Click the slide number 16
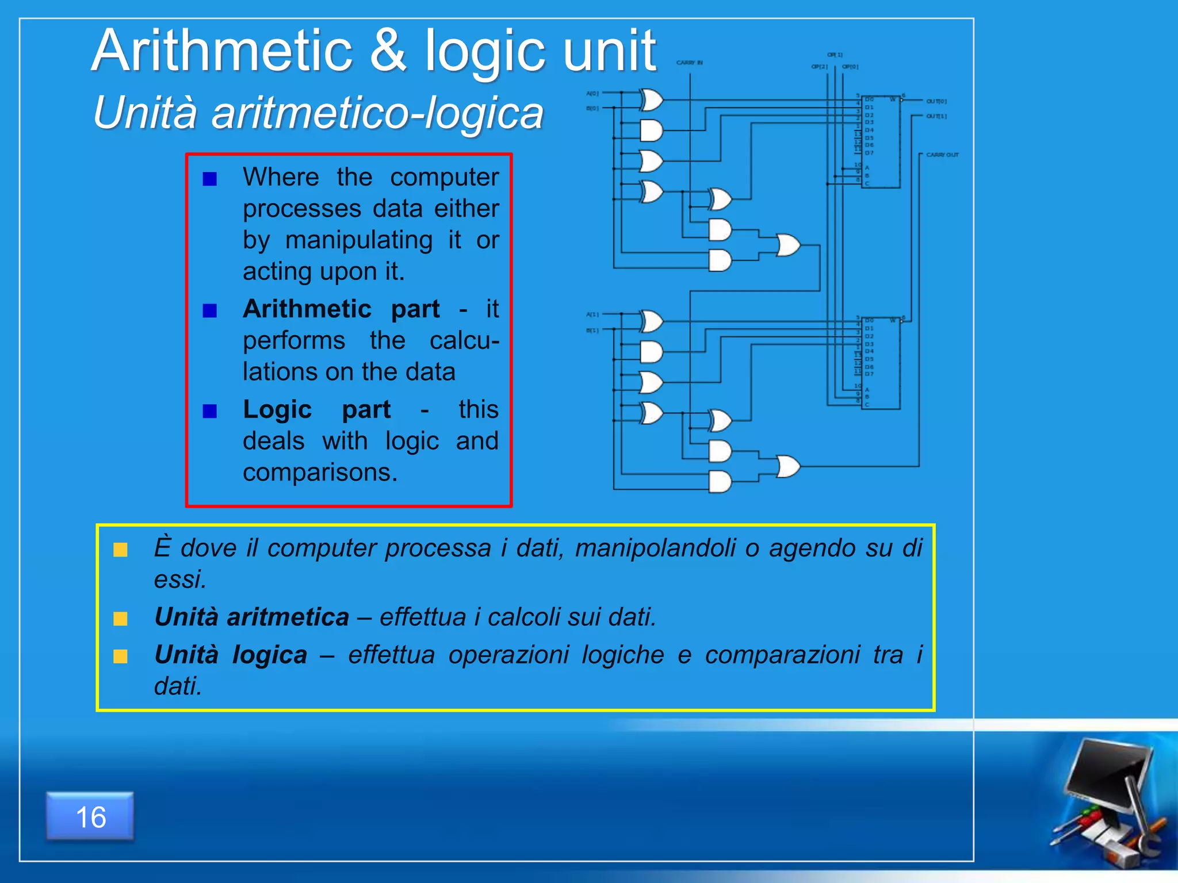90,817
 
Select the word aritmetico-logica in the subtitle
377,113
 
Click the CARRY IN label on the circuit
689,63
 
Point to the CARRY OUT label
942,155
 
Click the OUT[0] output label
936,101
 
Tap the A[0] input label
592,93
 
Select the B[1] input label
592,331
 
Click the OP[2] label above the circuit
819,67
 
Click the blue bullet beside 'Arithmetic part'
210,311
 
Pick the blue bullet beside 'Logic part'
210,411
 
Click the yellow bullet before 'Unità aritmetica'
121,619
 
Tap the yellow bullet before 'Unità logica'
121,657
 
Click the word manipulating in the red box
359,240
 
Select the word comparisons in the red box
320,473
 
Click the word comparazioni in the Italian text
782,655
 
